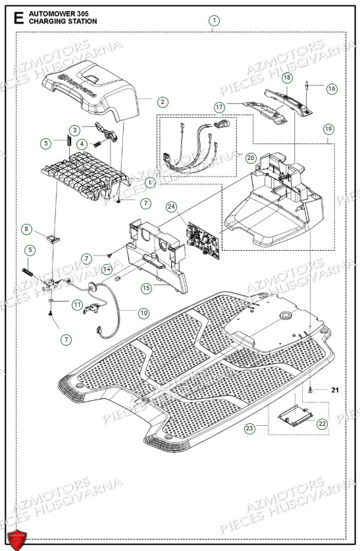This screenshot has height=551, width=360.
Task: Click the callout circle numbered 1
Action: tap(214, 20)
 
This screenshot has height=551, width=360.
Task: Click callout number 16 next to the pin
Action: tap(331, 88)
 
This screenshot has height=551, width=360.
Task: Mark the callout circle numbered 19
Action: tap(327, 129)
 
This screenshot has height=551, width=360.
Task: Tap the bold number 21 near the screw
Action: tap(334, 390)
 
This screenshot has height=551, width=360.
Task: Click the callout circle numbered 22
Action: tap(322, 425)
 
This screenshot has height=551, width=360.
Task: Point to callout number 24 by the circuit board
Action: tap(171, 207)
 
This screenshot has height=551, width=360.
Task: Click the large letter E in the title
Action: tap(18, 18)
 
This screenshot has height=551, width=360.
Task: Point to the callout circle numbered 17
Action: tap(220, 106)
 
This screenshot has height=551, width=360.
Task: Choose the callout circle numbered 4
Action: tap(82, 144)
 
